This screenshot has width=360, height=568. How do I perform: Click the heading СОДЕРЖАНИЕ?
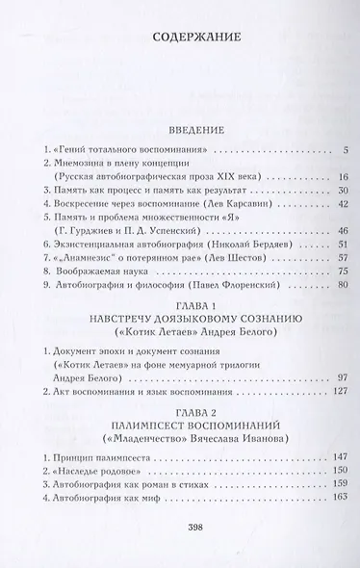point(180,39)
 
